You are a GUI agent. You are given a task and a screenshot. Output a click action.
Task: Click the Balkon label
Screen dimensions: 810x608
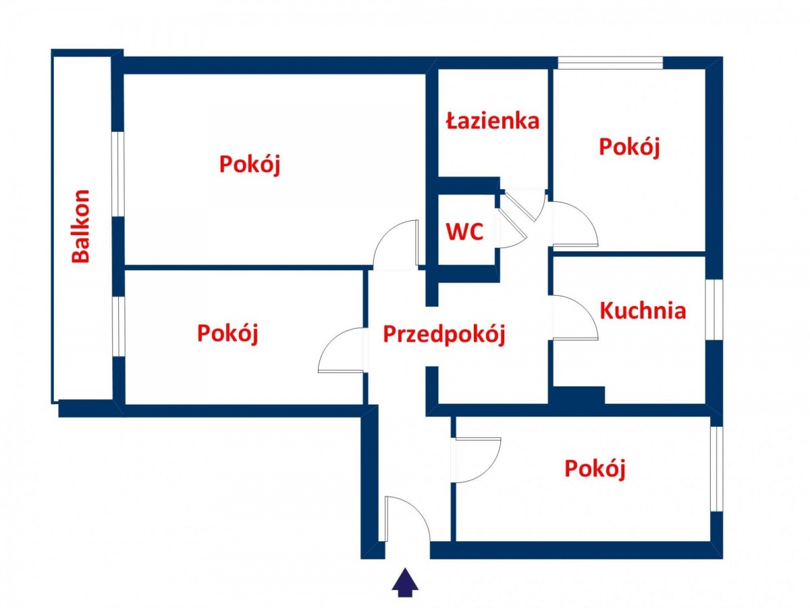pyautogui.click(x=80, y=226)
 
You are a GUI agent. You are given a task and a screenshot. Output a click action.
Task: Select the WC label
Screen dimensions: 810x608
pyautogui.click(x=464, y=231)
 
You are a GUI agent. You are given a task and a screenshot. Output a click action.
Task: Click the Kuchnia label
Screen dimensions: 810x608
pyautogui.click(x=643, y=311)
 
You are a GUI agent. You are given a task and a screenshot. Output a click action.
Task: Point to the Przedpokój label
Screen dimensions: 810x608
pyautogui.click(x=443, y=334)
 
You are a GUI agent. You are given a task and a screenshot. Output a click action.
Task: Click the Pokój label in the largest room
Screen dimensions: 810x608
pyautogui.click(x=250, y=164)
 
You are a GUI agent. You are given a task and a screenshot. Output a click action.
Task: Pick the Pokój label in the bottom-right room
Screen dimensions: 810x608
pyautogui.click(x=595, y=469)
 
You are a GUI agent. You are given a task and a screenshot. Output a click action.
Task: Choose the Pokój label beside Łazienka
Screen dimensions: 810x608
pyautogui.click(x=628, y=147)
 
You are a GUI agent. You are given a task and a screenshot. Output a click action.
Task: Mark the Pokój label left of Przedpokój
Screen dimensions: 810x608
pyautogui.click(x=227, y=333)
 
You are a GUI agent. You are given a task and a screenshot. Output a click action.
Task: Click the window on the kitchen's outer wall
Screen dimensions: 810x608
pyautogui.click(x=713, y=309)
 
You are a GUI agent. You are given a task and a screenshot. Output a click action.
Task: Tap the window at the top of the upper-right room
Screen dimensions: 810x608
pyautogui.click(x=610, y=63)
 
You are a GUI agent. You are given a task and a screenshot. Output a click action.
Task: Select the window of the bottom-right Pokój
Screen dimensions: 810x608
pyautogui.click(x=716, y=469)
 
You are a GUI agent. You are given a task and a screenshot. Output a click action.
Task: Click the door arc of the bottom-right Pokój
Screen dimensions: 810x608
pyautogui.click(x=475, y=460)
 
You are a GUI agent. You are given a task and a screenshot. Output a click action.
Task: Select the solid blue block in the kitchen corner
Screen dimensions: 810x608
pyautogui.click(x=578, y=395)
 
